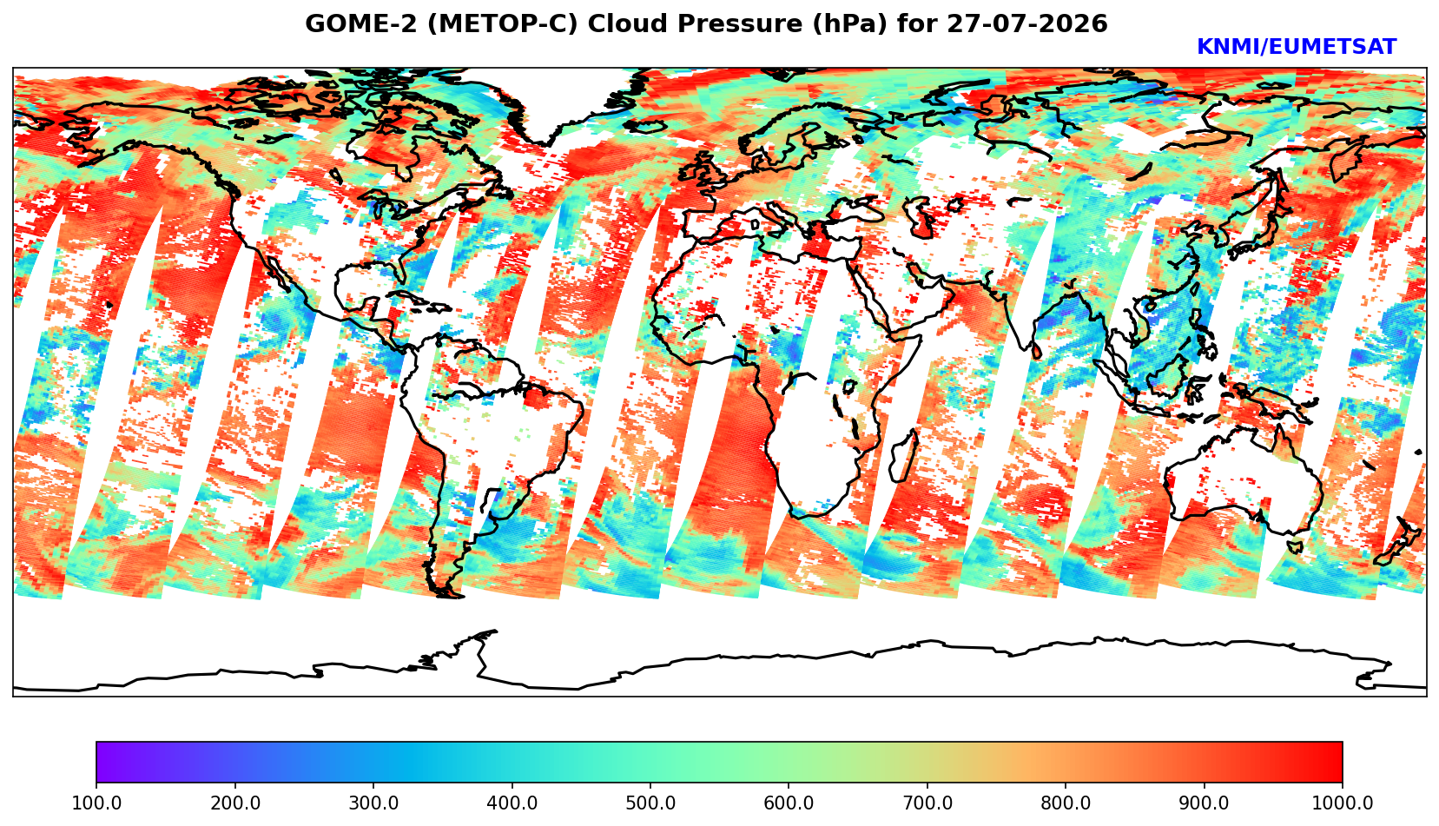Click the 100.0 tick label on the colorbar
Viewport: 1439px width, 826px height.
click(96, 803)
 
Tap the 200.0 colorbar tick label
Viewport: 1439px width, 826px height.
click(235, 803)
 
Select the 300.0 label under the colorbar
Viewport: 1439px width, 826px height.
click(373, 803)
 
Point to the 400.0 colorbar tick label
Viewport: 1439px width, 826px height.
click(512, 803)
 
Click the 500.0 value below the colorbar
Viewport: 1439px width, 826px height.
click(650, 803)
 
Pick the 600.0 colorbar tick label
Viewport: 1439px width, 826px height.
click(789, 803)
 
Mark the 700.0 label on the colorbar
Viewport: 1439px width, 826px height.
click(927, 803)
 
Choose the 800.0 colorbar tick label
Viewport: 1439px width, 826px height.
click(1066, 803)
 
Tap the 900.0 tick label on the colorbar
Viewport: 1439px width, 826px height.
click(1204, 803)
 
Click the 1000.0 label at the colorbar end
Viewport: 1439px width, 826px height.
click(1343, 803)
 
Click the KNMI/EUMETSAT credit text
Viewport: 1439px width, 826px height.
click(1297, 47)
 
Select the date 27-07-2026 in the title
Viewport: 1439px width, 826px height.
click(1027, 23)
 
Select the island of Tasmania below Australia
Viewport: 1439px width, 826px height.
click(1295, 546)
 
